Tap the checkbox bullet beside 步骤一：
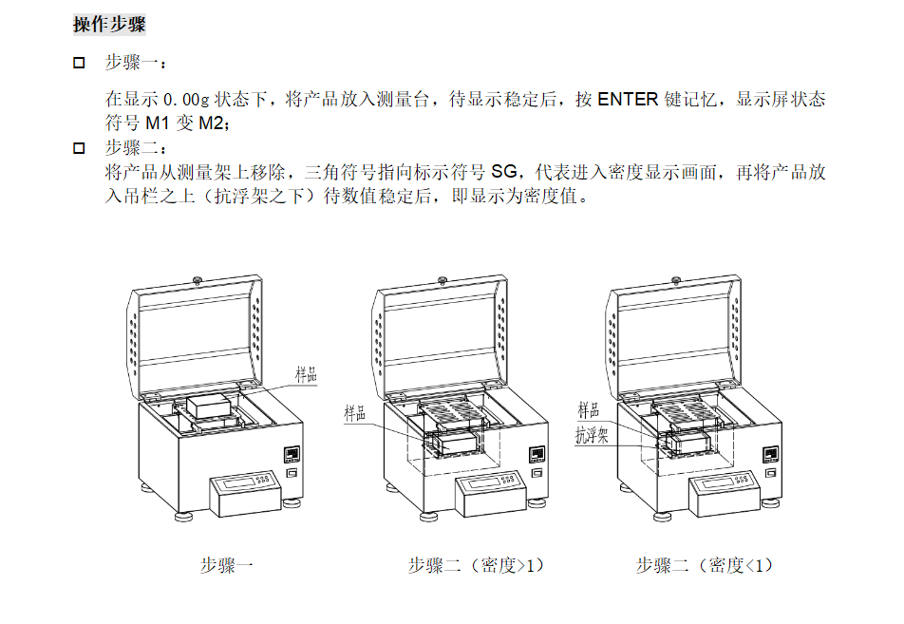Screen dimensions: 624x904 tap(80, 64)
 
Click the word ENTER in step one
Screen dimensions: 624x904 tap(628, 99)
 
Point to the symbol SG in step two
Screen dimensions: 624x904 tap(505, 173)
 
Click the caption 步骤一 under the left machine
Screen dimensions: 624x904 tap(227, 566)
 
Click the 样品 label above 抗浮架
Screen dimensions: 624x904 tap(589, 410)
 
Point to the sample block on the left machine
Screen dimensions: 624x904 tap(210, 404)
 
